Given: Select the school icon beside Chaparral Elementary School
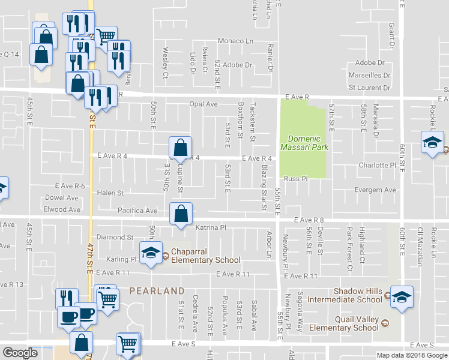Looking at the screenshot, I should click(x=151, y=252).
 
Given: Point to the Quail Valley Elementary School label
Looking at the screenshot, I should click(x=343, y=323).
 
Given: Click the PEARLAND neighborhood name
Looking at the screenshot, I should click(x=157, y=290).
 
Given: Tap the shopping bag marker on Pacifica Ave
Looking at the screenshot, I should click(x=181, y=214).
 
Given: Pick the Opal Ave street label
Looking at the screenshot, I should click(x=203, y=104).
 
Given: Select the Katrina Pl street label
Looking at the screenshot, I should click(x=210, y=228).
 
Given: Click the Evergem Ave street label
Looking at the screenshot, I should click(x=375, y=190).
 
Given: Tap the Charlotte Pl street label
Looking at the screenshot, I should click(x=378, y=165).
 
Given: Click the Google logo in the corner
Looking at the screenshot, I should click(x=20, y=353).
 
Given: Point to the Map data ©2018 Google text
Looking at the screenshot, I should click(x=412, y=355).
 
